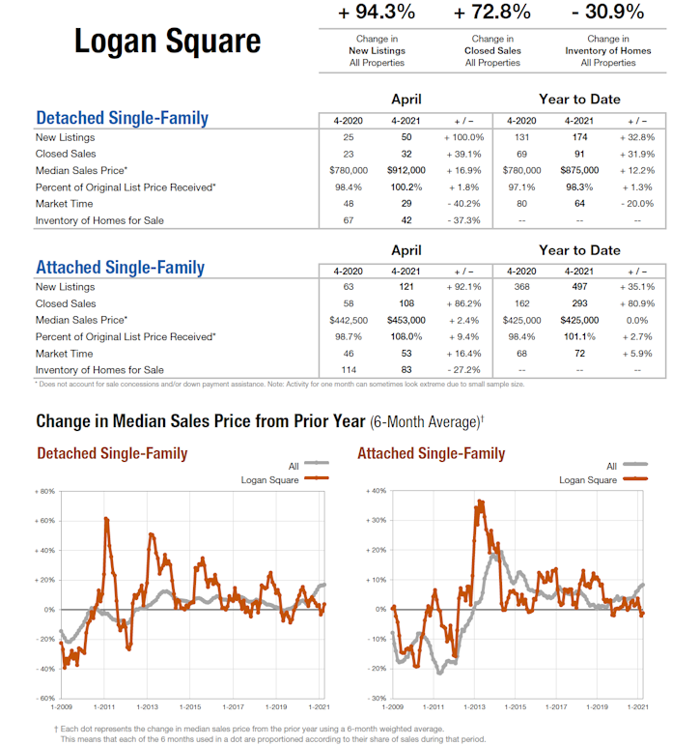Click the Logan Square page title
click(x=167, y=42)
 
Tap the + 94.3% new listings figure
click(x=377, y=13)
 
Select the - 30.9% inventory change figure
click(x=608, y=13)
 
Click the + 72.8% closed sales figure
click(x=492, y=13)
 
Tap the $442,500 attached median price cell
click(x=349, y=320)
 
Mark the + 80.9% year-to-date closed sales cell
click(x=637, y=303)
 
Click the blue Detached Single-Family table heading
click(x=122, y=118)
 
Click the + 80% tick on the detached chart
click(x=42, y=492)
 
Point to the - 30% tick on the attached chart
click(x=377, y=698)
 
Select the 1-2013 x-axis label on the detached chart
click(x=147, y=707)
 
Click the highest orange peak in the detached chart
click(x=105, y=519)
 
